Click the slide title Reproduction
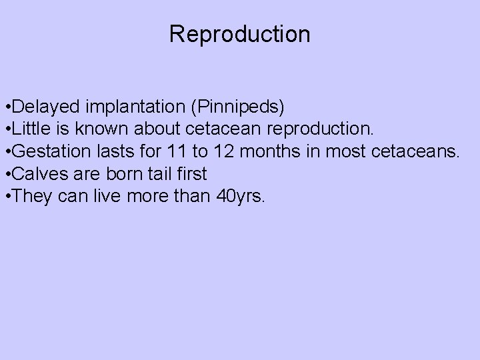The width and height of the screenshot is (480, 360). click(239, 34)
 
